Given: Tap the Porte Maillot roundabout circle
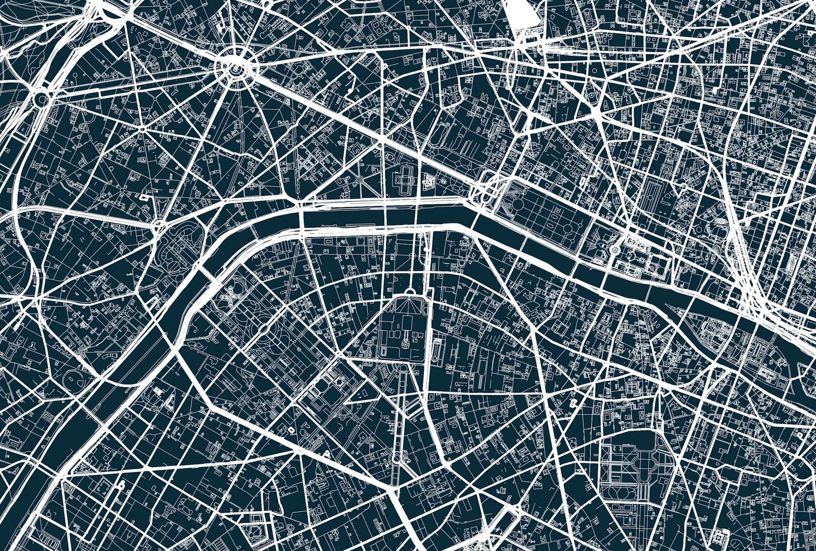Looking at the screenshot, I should click(41, 97).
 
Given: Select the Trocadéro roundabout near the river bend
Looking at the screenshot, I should click(159, 225).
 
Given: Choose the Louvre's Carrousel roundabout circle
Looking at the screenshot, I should click(615, 249).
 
